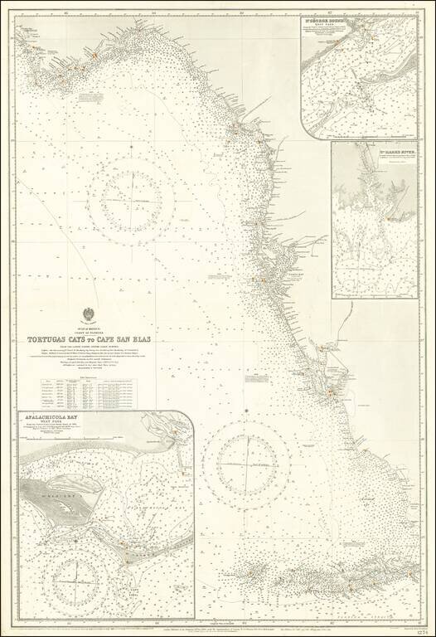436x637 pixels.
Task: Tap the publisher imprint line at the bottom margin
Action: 249,629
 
